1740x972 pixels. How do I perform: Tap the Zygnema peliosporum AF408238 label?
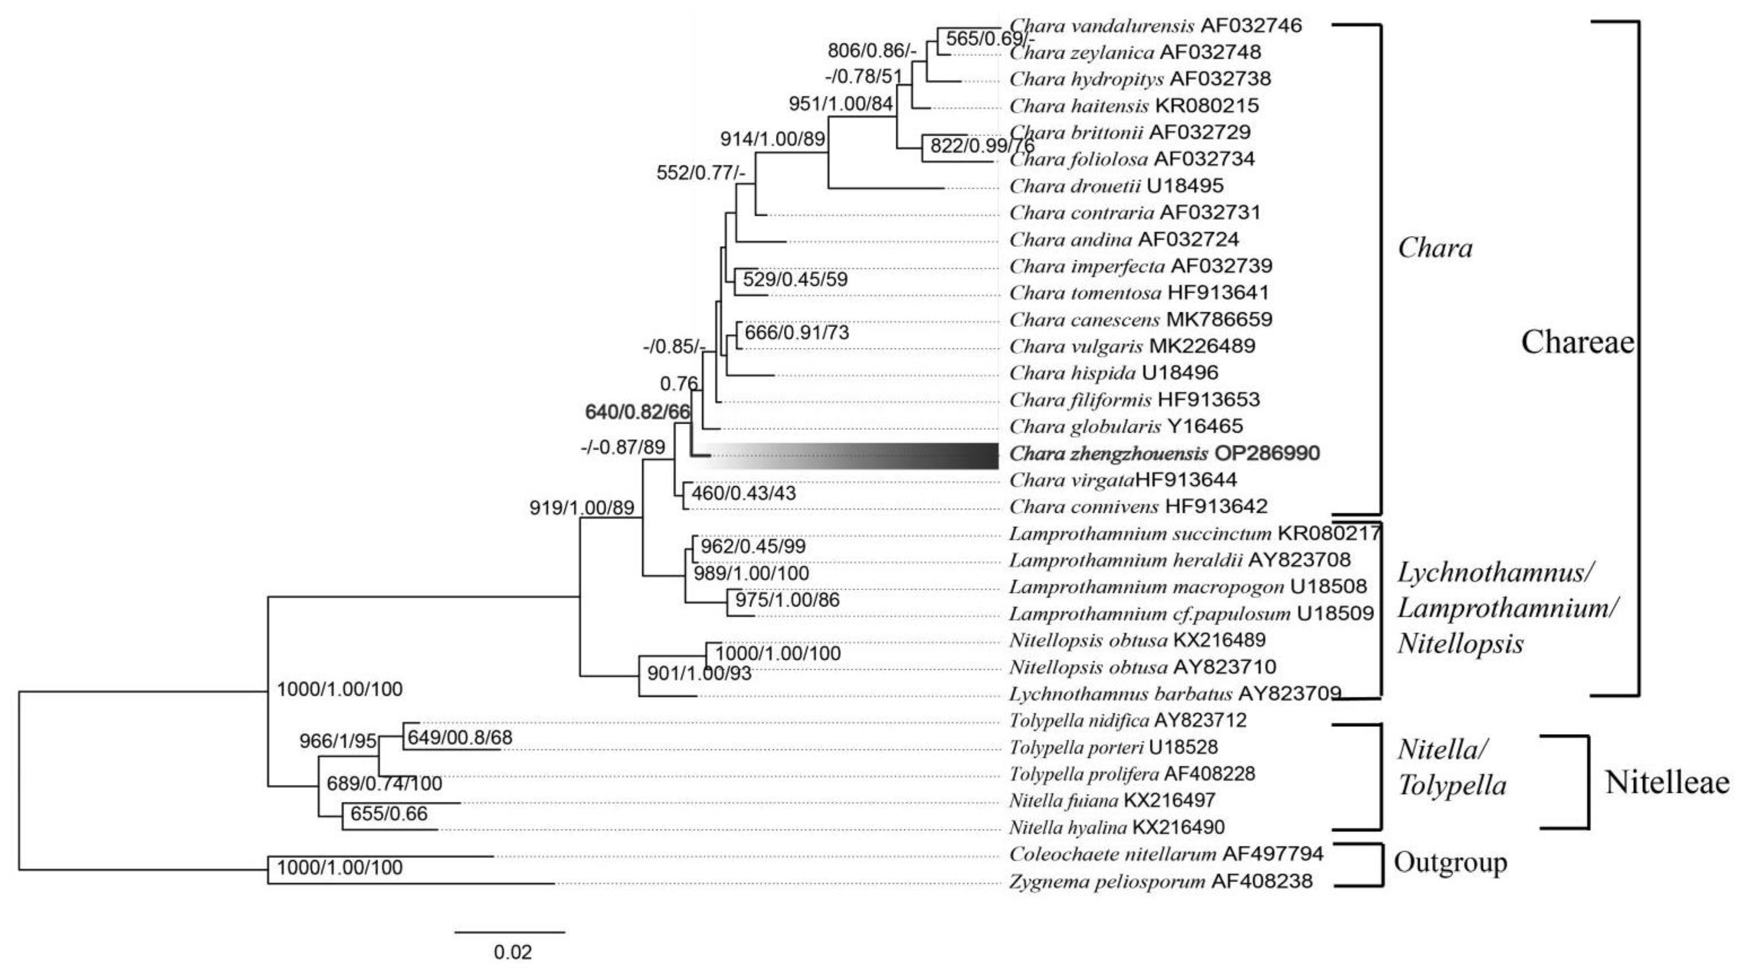1160,881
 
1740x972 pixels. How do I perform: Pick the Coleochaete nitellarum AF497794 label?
1166,854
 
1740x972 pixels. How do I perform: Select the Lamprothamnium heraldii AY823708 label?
1179,560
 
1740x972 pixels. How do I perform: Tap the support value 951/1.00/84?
841,104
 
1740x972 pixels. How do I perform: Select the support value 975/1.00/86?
787,600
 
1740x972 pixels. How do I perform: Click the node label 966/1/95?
338,741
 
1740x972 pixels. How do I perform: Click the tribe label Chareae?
1577,342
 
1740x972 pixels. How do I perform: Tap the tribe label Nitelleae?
1667,783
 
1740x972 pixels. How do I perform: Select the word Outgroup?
1450,863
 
